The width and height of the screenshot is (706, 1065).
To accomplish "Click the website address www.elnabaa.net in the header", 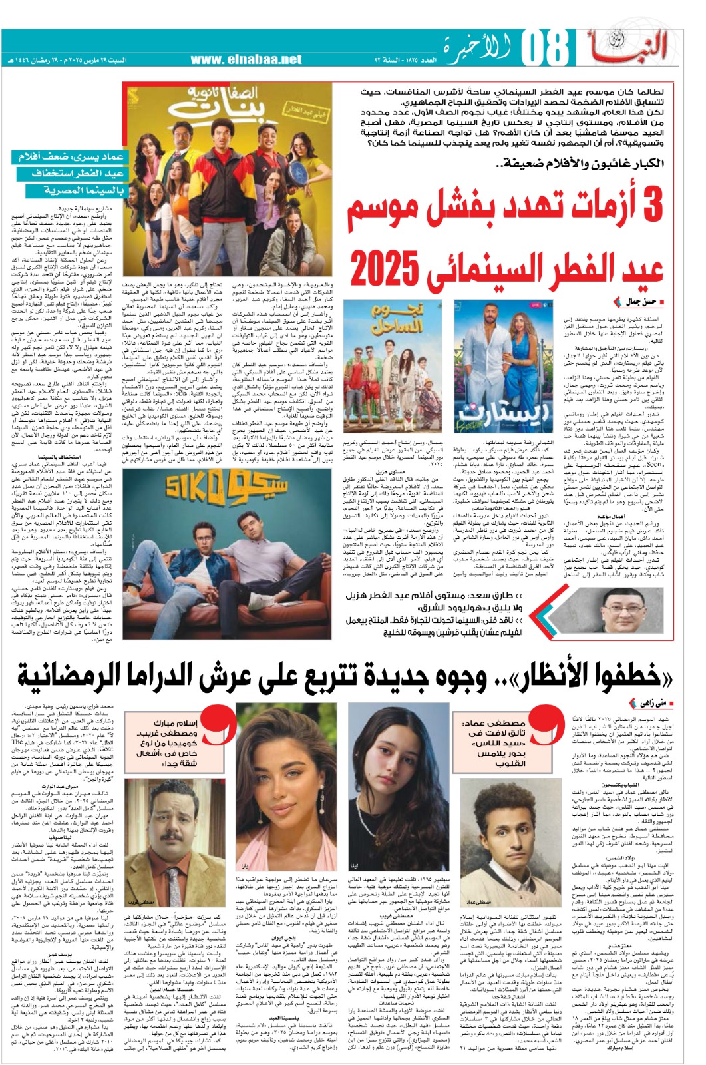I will tap(246, 59).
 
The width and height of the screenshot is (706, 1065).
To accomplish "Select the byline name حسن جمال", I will tap(640, 302).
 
